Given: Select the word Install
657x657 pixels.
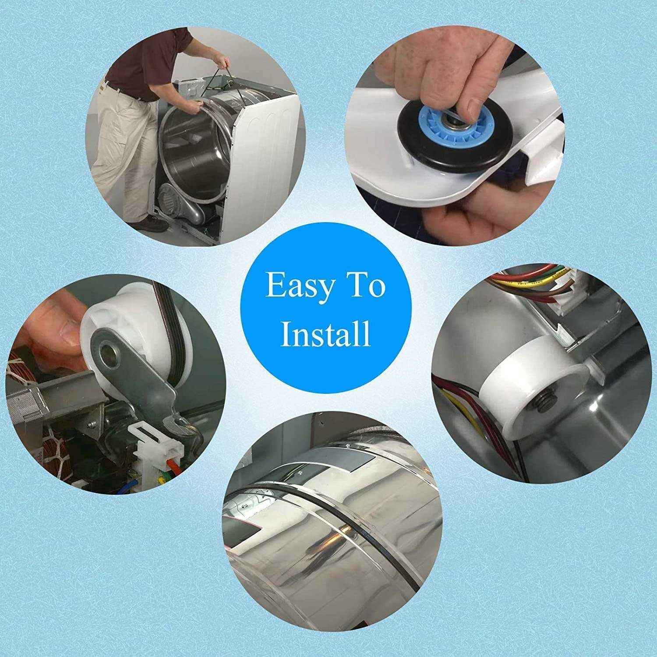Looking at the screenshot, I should (325, 334).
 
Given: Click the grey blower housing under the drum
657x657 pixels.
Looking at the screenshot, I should (184, 206).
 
